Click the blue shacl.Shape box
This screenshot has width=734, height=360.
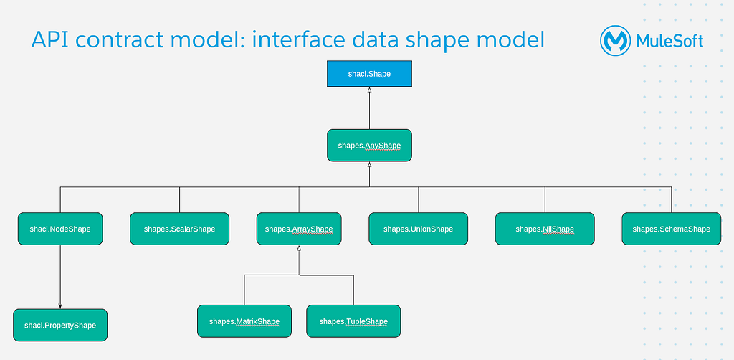(x=369, y=73)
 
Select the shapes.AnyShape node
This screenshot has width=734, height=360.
(x=369, y=145)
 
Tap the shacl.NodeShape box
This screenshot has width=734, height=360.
(x=60, y=229)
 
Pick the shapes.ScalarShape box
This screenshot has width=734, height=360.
(x=180, y=229)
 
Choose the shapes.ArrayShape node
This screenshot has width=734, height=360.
(x=299, y=229)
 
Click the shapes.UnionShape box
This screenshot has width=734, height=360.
(x=419, y=229)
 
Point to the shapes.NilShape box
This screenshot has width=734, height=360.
(x=545, y=229)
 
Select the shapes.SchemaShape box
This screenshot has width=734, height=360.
(x=671, y=229)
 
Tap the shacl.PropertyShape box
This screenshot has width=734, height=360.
(x=60, y=325)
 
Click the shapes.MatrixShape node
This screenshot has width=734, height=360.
(x=244, y=321)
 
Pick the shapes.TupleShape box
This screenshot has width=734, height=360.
(x=353, y=321)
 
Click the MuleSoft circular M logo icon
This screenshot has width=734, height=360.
(x=616, y=41)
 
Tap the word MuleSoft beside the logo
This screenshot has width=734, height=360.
(x=670, y=41)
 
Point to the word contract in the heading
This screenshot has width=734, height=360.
(x=132, y=41)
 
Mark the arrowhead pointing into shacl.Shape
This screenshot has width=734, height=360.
(x=369, y=90)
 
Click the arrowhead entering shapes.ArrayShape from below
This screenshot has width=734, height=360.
(x=299, y=247)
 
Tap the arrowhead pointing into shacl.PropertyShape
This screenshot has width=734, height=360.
(x=60, y=306)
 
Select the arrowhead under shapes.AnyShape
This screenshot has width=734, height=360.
(x=369, y=164)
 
